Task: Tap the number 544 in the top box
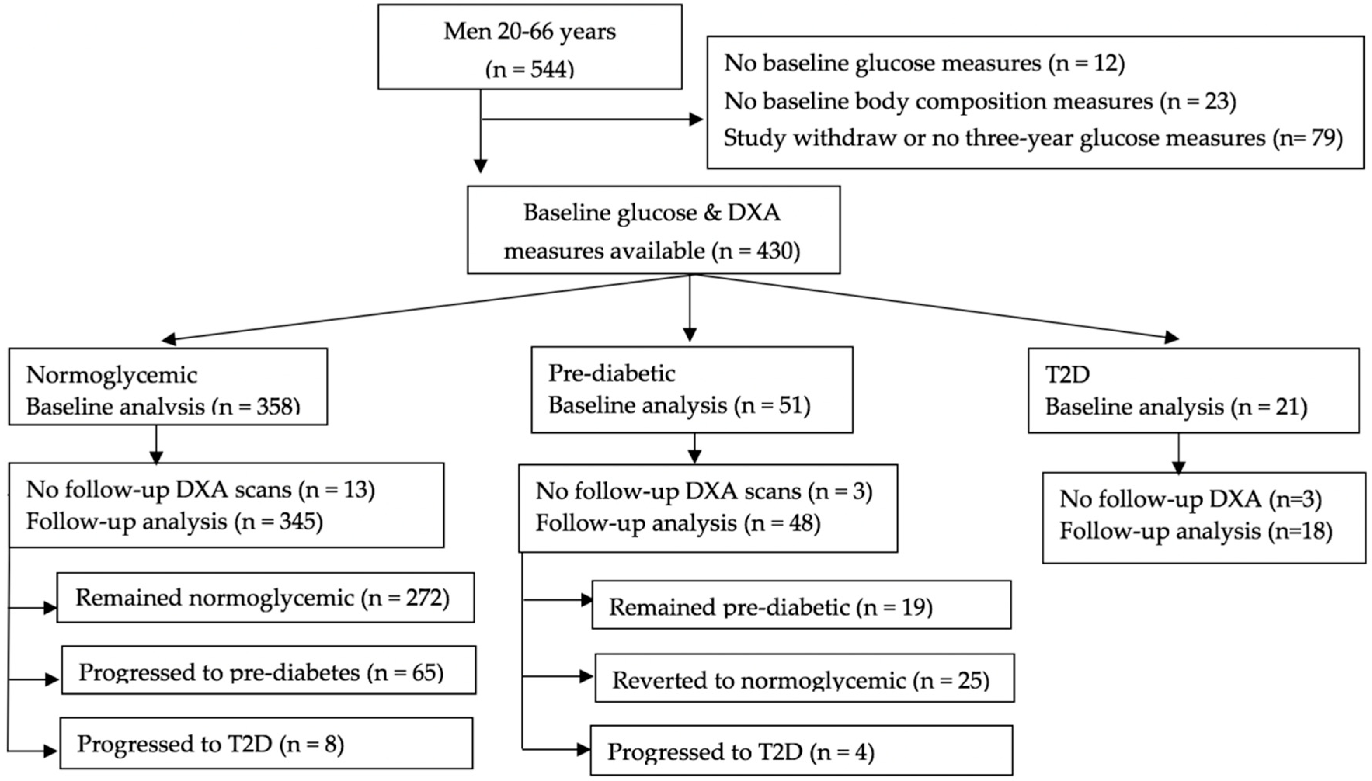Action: click(549, 69)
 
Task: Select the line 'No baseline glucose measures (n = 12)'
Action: click(924, 63)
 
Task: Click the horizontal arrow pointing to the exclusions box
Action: click(590, 119)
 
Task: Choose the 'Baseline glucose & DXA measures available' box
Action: click(653, 230)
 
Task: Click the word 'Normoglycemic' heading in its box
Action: click(111, 375)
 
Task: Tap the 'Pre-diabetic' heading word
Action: click(611, 373)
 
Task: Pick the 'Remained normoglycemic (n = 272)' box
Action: click(265, 597)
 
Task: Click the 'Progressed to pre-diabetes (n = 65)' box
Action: click(268, 670)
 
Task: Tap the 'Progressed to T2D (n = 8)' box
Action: click(266, 743)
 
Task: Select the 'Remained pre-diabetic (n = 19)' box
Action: click(801, 605)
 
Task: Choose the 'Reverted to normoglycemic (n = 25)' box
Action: click(804, 679)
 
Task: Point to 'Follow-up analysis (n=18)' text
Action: click(1195, 531)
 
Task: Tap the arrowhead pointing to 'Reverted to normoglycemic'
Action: click(586, 677)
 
